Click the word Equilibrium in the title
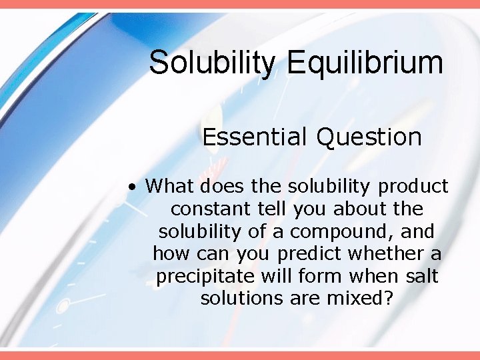click(365, 63)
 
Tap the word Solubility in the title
click(211, 63)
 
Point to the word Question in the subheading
click(369, 137)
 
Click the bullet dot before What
click(134, 187)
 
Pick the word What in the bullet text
click(169, 186)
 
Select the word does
click(217, 186)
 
